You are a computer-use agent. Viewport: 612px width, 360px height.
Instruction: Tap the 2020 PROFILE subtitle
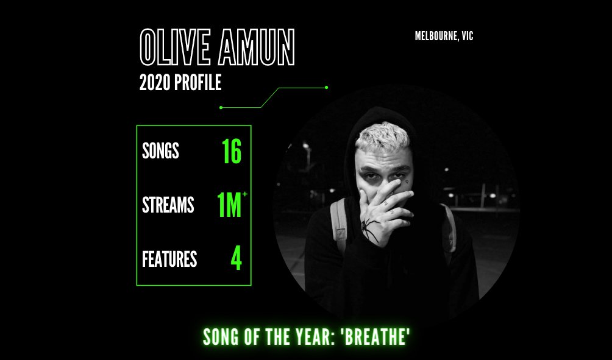pyautogui.click(x=180, y=83)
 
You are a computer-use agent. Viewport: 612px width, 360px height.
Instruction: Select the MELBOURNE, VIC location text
pyautogui.click(x=444, y=36)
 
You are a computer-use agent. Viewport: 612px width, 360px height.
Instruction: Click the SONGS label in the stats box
pyautogui.click(x=160, y=150)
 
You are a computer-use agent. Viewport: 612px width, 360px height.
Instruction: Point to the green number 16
pyautogui.click(x=232, y=152)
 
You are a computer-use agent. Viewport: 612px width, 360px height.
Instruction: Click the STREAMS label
pyautogui.click(x=168, y=205)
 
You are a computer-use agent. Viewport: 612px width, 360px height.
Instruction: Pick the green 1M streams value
pyautogui.click(x=229, y=206)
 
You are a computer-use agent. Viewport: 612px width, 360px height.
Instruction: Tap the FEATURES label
pyautogui.click(x=169, y=259)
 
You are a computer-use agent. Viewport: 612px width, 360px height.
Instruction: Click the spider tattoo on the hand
pyautogui.click(x=369, y=230)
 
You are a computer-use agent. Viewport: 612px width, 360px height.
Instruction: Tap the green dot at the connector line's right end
pyautogui.click(x=327, y=87)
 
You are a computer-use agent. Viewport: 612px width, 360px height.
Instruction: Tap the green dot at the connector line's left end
pyautogui.click(x=221, y=108)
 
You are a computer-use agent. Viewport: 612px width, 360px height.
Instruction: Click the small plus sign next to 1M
pyautogui.click(x=245, y=194)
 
